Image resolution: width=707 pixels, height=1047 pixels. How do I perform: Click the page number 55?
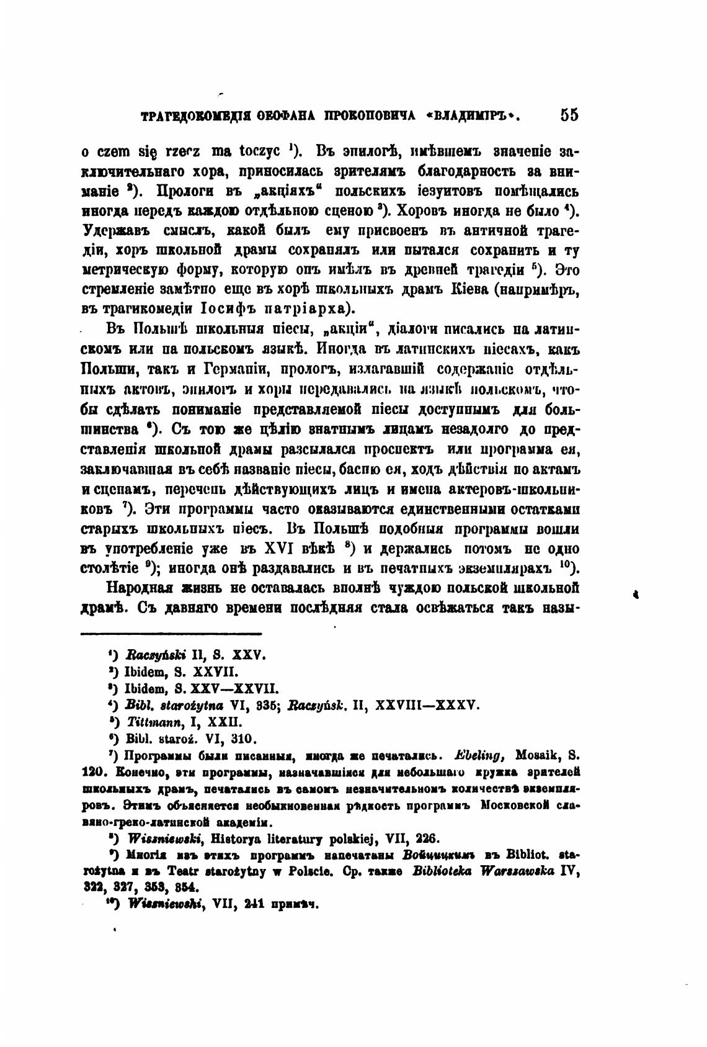coord(569,115)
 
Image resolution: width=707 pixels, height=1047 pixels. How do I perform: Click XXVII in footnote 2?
coord(215,672)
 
